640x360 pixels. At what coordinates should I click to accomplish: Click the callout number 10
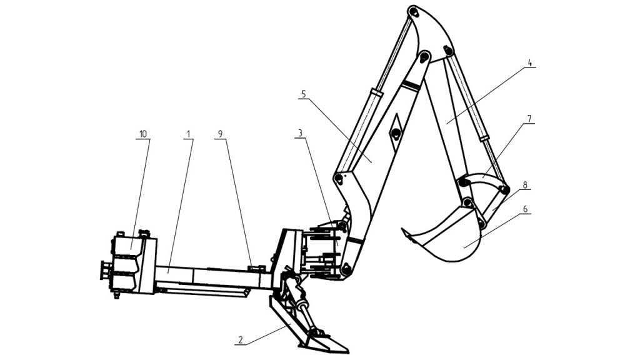pyautogui.click(x=143, y=134)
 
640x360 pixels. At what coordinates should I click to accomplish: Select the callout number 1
pyautogui.click(x=189, y=134)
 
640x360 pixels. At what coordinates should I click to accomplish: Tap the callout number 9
pyautogui.click(x=221, y=134)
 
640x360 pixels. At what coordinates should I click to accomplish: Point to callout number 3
pyautogui.click(x=300, y=133)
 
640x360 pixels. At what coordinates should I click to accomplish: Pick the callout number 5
pyautogui.click(x=303, y=94)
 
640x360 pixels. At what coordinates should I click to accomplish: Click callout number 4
pyautogui.click(x=530, y=63)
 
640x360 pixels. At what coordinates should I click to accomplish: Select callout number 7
pyautogui.click(x=529, y=119)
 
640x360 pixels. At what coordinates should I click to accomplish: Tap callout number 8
pyautogui.click(x=525, y=185)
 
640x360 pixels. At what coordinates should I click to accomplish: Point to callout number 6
pyautogui.click(x=525, y=209)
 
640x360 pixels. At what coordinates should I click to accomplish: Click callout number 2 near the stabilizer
pyautogui.click(x=241, y=340)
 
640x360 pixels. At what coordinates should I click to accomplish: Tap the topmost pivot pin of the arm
pyautogui.click(x=414, y=12)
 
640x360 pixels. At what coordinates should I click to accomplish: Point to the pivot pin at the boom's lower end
pyautogui.click(x=346, y=269)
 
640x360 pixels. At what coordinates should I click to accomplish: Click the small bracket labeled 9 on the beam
pyautogui.click(x=256, y=267)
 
